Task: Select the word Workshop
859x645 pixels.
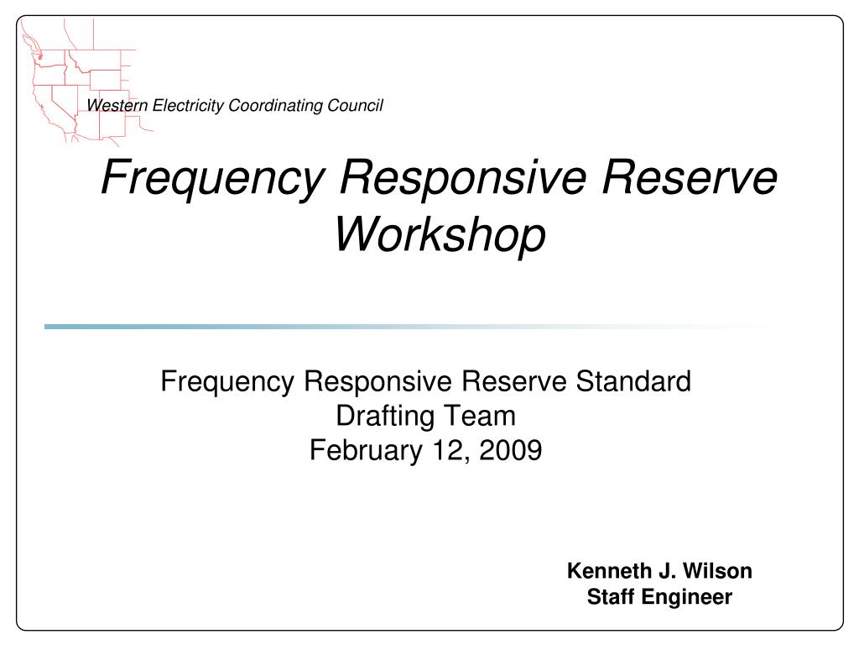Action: coord(440,234)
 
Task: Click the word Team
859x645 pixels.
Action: coord(487,416)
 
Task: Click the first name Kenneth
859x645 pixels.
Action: coord(608,571)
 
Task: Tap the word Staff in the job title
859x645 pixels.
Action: coord(612,597)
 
